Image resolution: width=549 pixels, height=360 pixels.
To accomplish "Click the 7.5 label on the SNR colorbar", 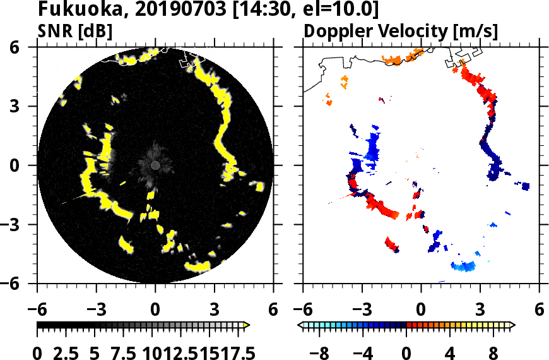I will (117, 351).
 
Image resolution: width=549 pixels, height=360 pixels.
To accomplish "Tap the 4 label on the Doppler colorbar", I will (450, 351).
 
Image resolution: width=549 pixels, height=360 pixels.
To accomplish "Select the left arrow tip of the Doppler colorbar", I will (300, 325).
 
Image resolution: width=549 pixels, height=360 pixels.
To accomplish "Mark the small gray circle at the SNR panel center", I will (155, 165).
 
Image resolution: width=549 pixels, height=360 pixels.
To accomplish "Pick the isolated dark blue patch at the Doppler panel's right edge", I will (526, 186).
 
